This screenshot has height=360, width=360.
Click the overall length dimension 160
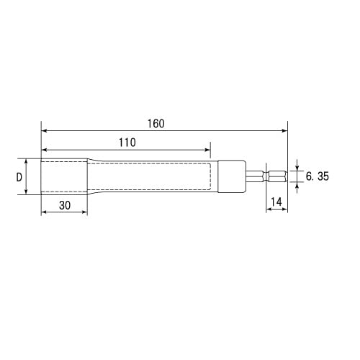point(156,123)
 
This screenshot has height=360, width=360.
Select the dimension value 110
point(126,143)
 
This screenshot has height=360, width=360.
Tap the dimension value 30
point(64,204)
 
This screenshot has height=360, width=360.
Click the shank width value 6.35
point(316,176)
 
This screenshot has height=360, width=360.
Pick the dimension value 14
point(276,203)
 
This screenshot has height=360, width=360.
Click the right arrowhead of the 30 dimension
point(84,212)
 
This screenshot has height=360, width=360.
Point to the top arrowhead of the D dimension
point(27,162)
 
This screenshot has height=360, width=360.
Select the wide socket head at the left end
point(63,176)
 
